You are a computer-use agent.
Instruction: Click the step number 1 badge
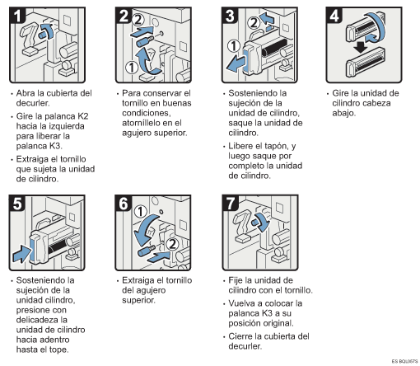(x=17, y=16)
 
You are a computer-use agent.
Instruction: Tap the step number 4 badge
(x=334, y=16)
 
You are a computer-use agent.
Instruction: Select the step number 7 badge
(x=230, y=204)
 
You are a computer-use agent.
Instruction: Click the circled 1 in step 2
(x=132, y=68)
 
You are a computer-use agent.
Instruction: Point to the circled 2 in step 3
(x=254, y=22)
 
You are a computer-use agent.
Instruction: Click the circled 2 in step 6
(x=172, y=244)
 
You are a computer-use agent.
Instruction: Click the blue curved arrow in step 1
(x=47, y=30)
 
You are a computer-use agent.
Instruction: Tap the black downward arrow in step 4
(x=361, y=48)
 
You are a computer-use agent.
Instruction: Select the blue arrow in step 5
(x=22, y=254)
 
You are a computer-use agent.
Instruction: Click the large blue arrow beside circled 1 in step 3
(x=236, y=63)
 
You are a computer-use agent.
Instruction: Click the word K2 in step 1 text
(x=82, y=116)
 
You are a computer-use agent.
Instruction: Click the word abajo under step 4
(x=343, y=113)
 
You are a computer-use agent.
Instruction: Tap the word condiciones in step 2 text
(x=147, y=113)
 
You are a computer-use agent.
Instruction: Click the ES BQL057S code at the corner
(x=404, y=361)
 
